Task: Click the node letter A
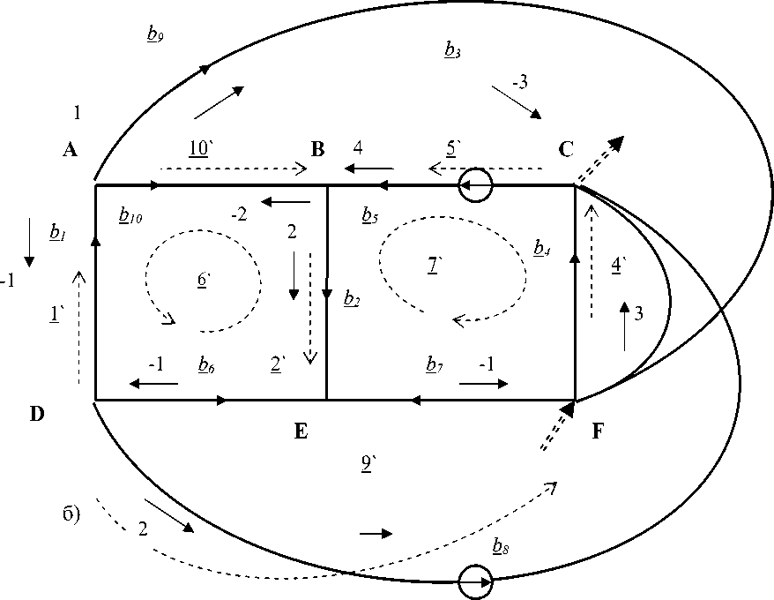click(71, 150)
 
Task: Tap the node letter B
click(318, 149)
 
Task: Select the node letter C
click(566, 149)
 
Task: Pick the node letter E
click(300, 431)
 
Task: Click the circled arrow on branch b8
click(475, 582)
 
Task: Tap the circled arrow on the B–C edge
click(475, 185)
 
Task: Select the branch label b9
click(153, 34)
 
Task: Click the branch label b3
click(451, 51)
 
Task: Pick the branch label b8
click(501, 548)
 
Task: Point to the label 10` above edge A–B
click(198, 147)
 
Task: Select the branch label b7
click(433, 364)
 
